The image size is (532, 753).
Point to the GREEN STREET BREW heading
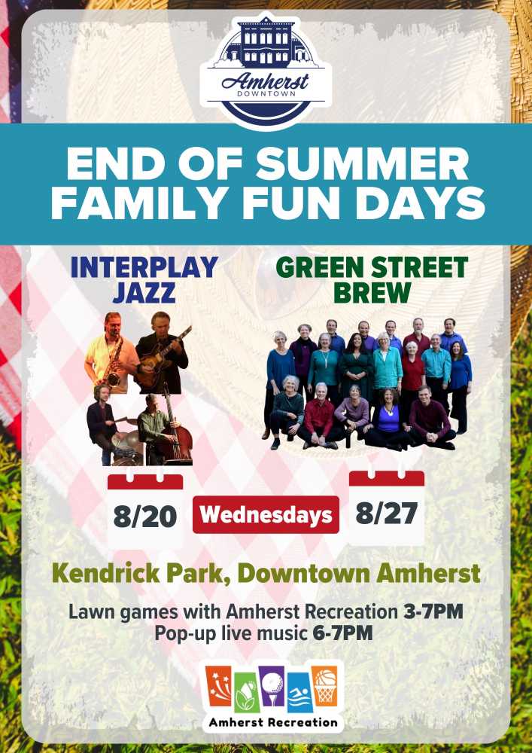point(372,279)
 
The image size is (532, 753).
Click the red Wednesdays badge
point(266,515)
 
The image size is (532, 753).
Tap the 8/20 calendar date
point(145,516)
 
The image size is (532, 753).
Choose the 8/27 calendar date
point(386,513)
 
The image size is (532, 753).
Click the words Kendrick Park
point(143,573)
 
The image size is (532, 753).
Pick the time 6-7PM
point(342,633)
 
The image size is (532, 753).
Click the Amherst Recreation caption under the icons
point(273,722)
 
